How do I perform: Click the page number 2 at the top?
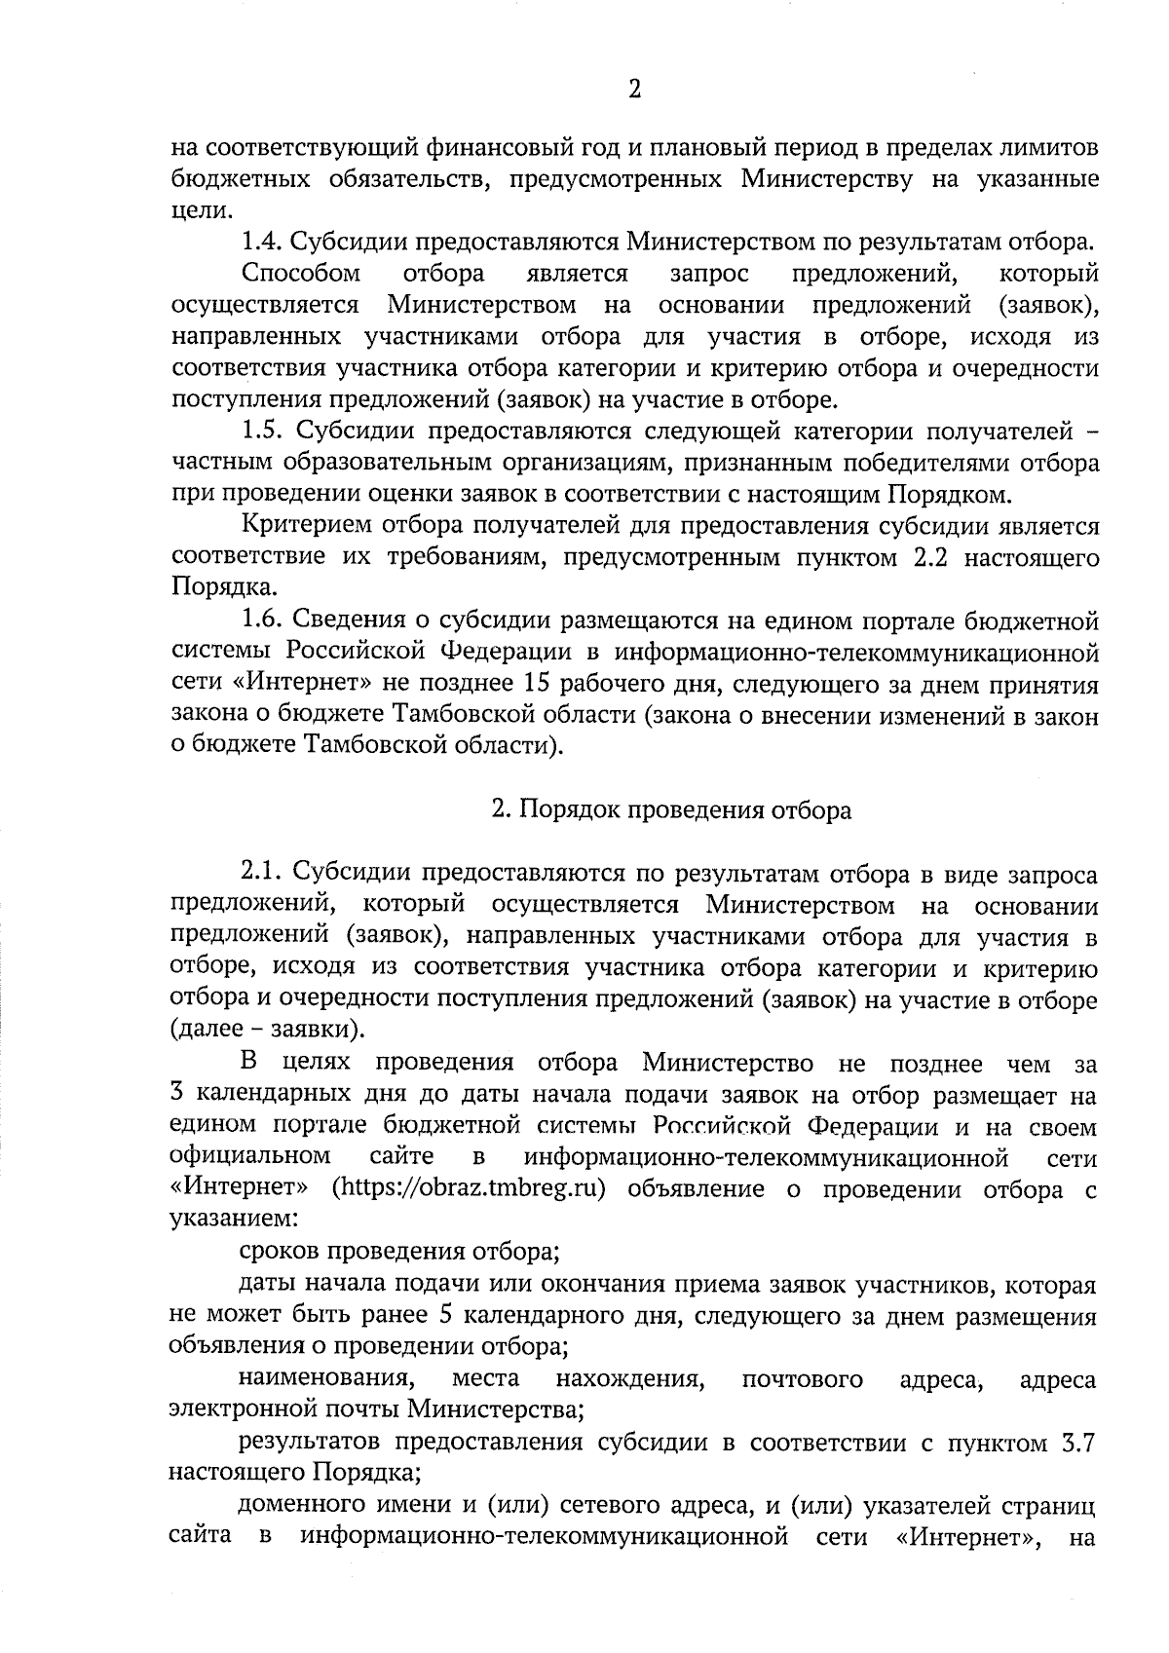[x=634, y=91]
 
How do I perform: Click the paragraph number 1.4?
[x=261, y=241]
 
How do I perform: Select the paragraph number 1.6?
[x=261, y=620]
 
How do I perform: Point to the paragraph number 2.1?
[x=261, y=872]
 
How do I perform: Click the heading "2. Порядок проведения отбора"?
[x=670, y=809]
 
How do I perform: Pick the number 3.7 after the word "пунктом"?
[x=1079, y=1443]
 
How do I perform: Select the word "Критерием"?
[x=303, y=527]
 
